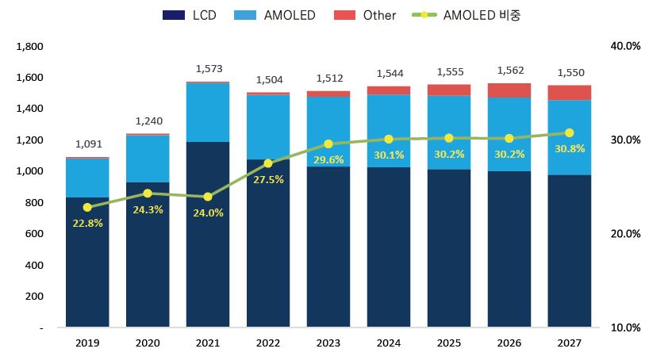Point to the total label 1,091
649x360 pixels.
(88, 144)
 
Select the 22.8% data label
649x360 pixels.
(87, 223)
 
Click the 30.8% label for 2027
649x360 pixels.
(570, 148)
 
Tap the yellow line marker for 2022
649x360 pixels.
(268, 163)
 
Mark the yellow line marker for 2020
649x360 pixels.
(148, 193)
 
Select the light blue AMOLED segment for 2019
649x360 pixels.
(87, 178)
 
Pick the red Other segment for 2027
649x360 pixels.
(570, 92)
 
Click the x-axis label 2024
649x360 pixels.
(389, 343)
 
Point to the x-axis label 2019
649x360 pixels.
(87, 343)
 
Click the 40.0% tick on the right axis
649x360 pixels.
(624, 47)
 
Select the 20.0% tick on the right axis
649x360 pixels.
(624, 234)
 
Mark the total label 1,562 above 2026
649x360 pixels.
(510, 71)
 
